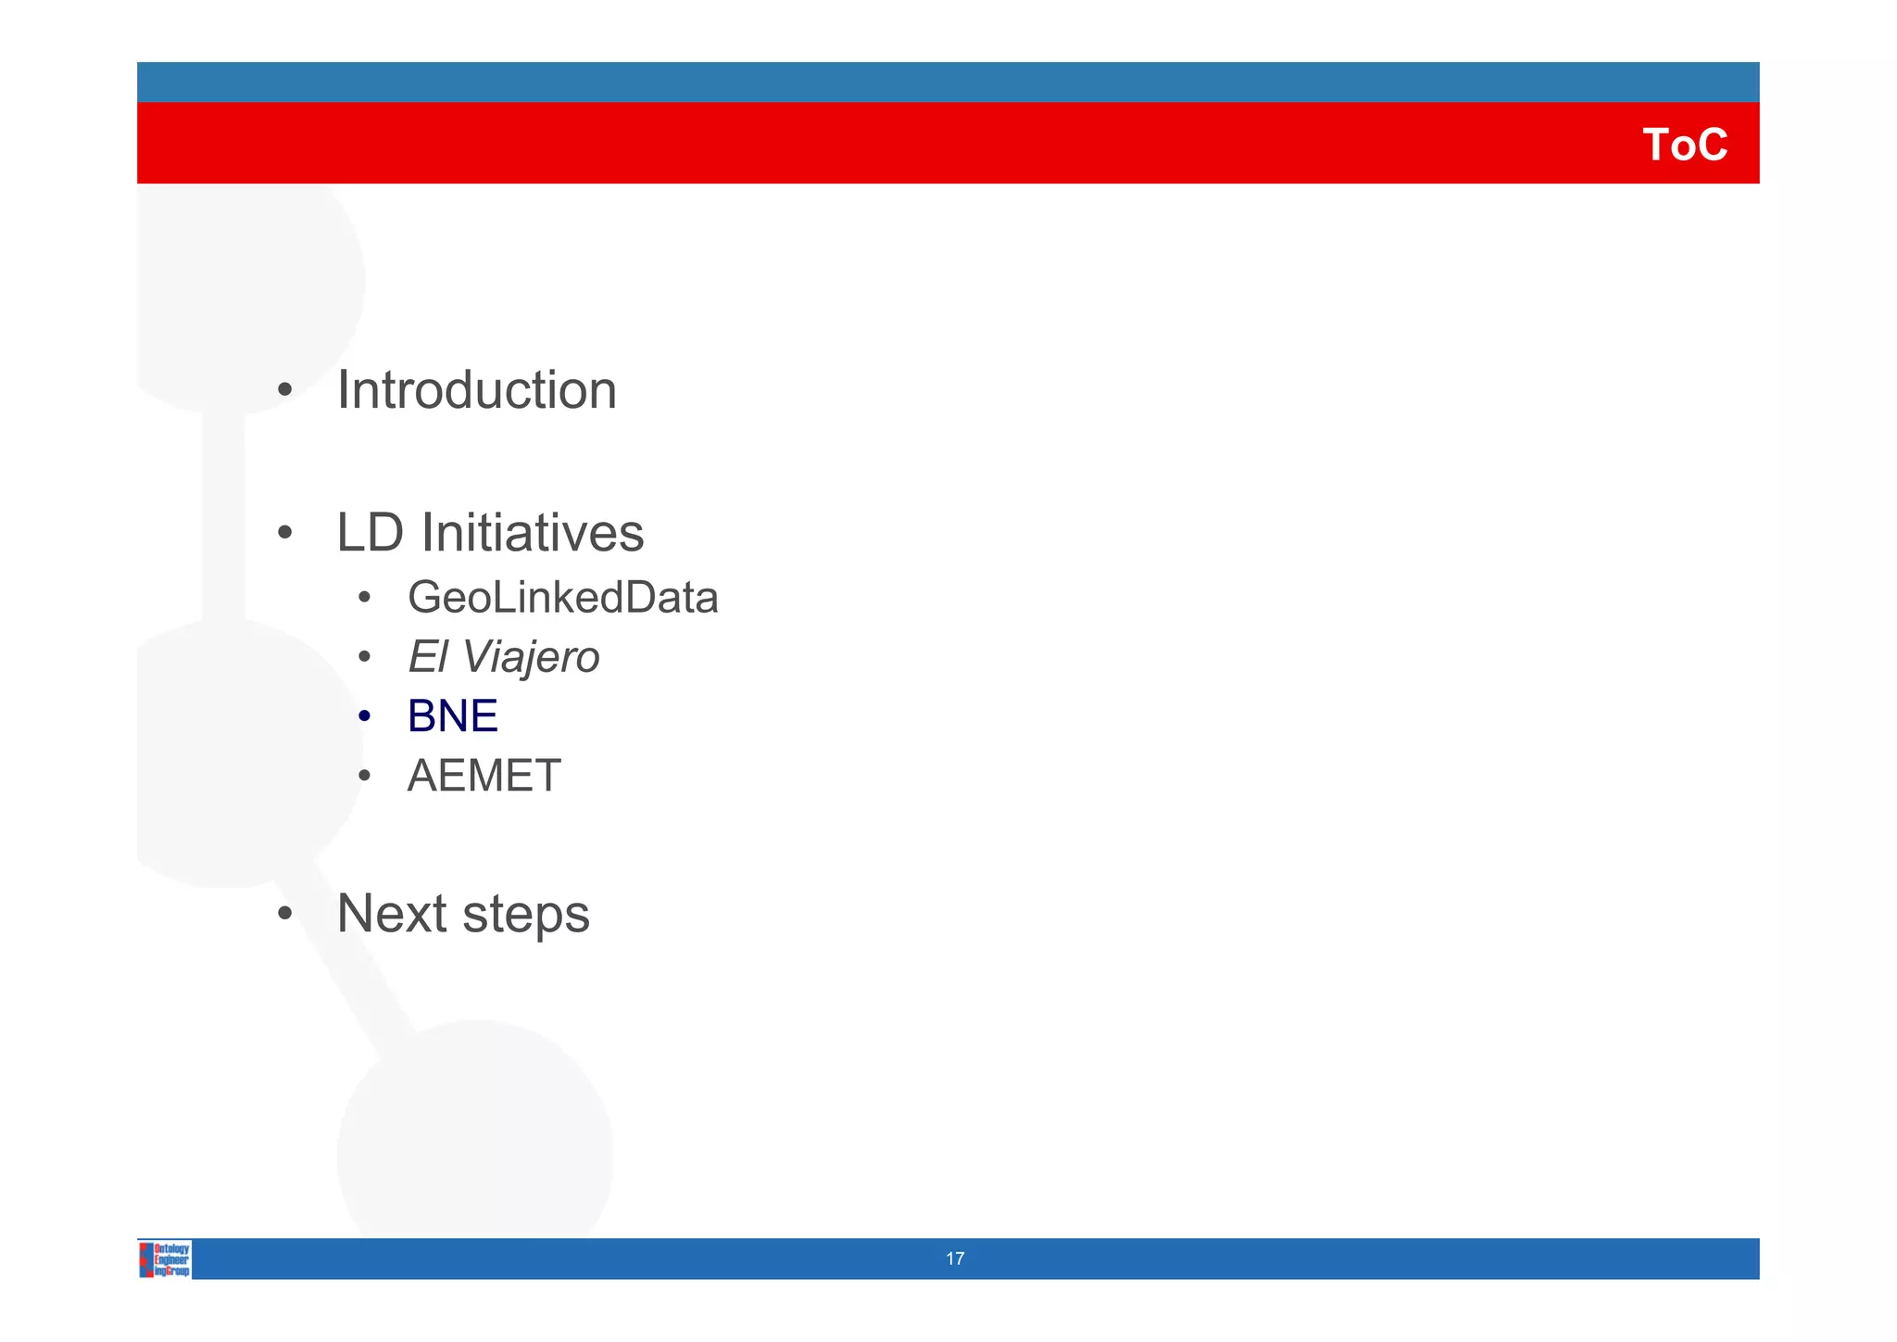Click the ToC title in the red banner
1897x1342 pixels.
[x=1684, y=146]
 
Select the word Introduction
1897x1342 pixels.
[x=476, y=390]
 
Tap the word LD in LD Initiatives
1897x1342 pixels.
[x=370, y=533]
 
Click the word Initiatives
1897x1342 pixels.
[x=533, y=533]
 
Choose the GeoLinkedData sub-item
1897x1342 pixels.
[x=562, y=598]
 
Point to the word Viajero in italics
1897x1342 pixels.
[x=531, y=658]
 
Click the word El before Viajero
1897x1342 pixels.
[x=427, y=657]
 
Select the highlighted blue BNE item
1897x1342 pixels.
[x=452, y=716]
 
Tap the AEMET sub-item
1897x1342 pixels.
[x=484, y=776]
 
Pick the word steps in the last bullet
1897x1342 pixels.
[x=525, y=916]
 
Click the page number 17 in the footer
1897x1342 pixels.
[x=955, y=1259]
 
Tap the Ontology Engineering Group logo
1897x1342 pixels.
[x=165, y=1260]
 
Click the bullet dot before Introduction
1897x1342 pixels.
[x=285, y=391]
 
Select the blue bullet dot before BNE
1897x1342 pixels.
[x=365, y=716]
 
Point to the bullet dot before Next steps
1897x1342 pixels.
[x=285, y=915]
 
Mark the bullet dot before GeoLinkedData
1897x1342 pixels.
[x=365, y=599]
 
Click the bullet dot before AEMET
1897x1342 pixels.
[x=365, y=776]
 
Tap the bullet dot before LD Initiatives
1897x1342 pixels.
[x=285, y=534]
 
